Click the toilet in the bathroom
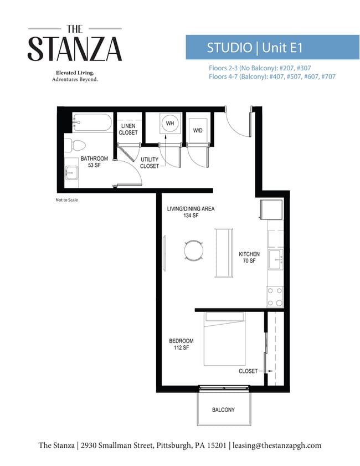click(75, 145)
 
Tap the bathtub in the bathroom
click(92, 122)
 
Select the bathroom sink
click(71, 173)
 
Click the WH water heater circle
click(170, 124)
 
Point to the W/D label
click(198, 130)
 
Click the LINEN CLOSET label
click(128, 129)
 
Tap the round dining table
click(194, 250)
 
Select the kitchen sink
click(276, 259)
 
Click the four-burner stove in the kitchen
click(275, 296)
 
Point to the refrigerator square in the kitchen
click(271, 209)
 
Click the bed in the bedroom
click(224, 339)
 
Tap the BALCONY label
click(223, 410)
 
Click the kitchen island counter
click(224, 253)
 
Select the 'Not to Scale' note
click(67, 200)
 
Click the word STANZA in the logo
click(75, 49)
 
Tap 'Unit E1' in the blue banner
click(282, 48)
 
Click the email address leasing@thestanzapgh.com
click(277, 445)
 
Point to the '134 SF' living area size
click(191, 216)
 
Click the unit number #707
click(328, 76)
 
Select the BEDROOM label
click(181, 341)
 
